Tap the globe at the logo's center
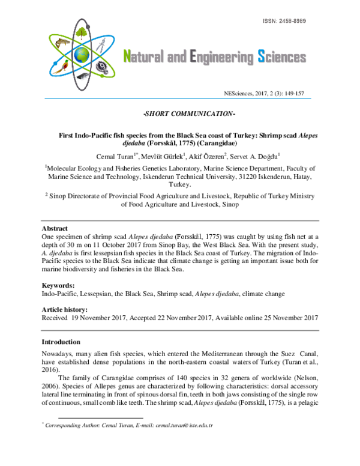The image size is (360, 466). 82,55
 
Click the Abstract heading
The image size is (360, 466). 55,229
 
